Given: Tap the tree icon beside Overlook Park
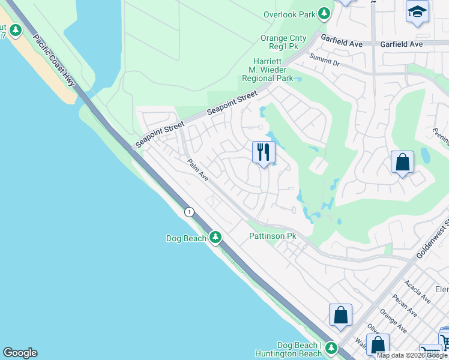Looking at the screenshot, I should pyautogui.click(x=324, y=13).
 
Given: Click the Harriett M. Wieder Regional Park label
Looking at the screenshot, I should pyautogui.click(x=267, y=70).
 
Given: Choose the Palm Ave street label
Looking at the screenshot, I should pyautogui.click(x=197, y=170).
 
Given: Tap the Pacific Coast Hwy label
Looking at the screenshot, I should pyautogui.click(x=54, y=60).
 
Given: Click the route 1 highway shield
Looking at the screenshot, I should pyautogui.click(x=190, y=212).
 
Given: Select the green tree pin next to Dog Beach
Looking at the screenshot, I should pyautogui.click(x=215, y=238).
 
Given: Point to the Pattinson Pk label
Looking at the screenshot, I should pyautogui.click(x=273, y=236).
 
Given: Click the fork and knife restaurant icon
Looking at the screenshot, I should pyautogui.click(x=263, y=152).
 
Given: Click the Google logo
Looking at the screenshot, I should pyautogui.click(x=20, y=353).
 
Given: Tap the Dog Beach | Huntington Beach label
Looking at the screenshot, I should pyautogui.click(x=307, y=349).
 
